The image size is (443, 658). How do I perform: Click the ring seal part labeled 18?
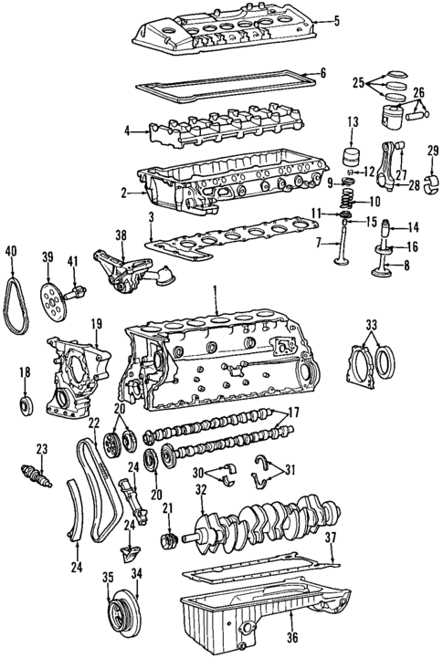(x=25, y=402)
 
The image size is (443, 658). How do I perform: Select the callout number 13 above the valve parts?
(x=352, y=121)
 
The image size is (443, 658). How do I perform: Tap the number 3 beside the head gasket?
(x=149, y=216)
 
